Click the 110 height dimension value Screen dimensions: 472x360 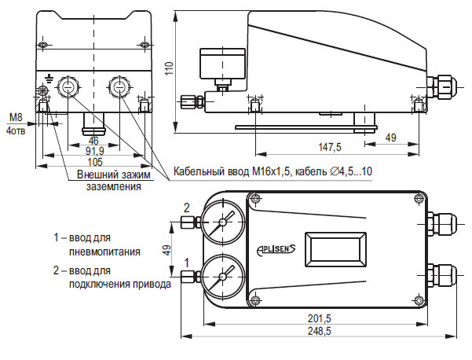[170, 68]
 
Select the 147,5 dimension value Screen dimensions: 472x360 [330, 147]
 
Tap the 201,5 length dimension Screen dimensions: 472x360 [320, 318]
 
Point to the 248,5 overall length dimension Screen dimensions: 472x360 [320, 331]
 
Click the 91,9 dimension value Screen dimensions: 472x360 [94, 151]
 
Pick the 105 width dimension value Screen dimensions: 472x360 [95, 162]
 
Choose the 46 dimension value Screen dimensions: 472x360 [93, 141]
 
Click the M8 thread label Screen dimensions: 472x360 [16, 117]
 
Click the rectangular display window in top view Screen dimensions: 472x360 [335, 249]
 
